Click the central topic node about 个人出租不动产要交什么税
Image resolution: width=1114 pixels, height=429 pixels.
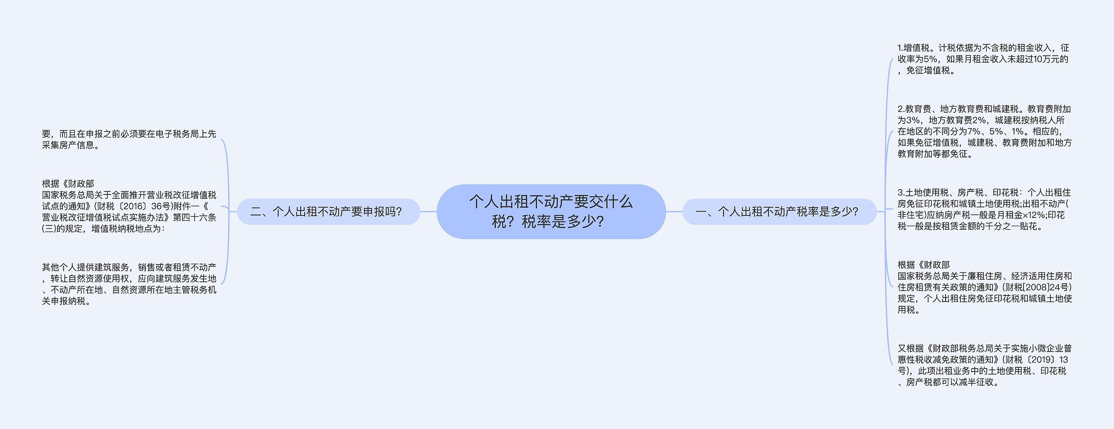[551, 211]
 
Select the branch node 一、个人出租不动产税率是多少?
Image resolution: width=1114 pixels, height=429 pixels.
[779, 212]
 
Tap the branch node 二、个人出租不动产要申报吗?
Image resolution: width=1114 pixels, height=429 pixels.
[328, 212]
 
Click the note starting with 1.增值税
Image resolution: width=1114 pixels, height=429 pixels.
[983, 59]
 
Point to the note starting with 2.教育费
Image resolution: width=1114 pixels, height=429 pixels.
[984, 131]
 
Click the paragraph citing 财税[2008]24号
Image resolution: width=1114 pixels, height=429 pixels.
[984, 287]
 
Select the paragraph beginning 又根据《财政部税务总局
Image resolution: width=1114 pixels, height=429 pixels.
[984, 365]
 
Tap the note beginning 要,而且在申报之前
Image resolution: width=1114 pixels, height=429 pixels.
[129, 139]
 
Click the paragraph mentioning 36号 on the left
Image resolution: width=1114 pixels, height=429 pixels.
[129, 206]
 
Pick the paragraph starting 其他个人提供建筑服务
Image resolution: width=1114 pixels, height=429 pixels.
[129, 284]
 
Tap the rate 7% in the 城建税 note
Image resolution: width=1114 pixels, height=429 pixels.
[974, 131]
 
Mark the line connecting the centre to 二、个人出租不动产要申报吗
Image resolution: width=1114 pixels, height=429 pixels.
[428, 212]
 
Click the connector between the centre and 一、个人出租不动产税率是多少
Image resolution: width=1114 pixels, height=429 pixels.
[674, 212]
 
